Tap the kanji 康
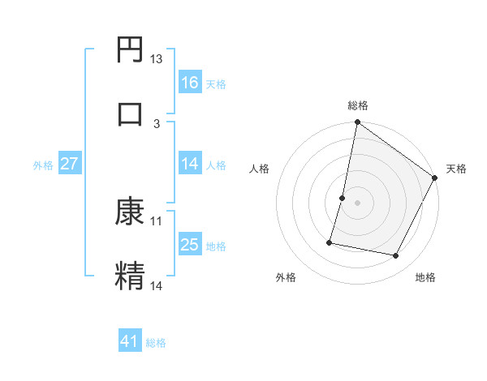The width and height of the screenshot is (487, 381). tap(131, 212)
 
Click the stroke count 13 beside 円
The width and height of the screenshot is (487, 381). tap(157, 59)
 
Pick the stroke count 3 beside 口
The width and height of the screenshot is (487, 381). tap(157, 123)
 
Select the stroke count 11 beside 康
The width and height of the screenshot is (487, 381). tap(157, 220)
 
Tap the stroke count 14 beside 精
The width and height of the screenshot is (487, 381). tap(157, 285)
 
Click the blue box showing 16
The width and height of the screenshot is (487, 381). tap(189, 82)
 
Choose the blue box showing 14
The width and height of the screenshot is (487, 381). tap(189, 164)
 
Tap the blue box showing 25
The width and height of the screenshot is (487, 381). tap(189, 245)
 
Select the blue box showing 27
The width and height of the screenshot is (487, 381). tap(69, 164)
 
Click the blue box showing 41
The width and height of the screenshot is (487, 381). tap(130, 341)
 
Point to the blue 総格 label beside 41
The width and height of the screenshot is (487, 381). tap(156, 343)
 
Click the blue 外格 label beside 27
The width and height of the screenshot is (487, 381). tap(43, 165)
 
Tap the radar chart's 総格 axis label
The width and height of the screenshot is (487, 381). tap(357, 105)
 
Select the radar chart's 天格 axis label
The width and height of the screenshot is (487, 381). tap(456, 169)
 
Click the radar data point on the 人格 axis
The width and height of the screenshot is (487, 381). tap(343, 197)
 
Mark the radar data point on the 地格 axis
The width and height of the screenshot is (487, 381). tap(396, 256)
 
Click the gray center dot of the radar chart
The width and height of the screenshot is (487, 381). tap(357, 202)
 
